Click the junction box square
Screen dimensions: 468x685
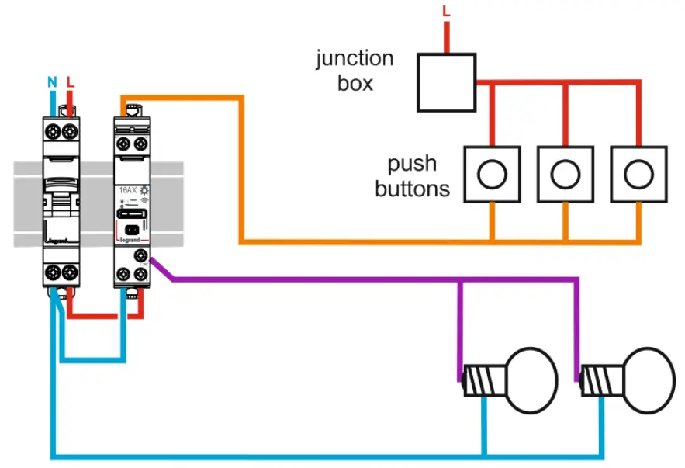point(446,82)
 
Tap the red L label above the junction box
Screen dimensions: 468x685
point(446,11)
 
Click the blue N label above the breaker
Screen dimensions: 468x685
point(52,81)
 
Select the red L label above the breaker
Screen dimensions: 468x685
point(71,81)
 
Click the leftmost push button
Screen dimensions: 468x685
point(492,175)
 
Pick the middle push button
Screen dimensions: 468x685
point(566,175)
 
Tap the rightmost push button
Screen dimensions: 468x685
point(639,175)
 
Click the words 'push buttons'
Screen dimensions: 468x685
point(412,176)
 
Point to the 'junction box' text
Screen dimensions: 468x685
point(355,71)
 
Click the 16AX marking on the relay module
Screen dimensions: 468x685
point(126,189)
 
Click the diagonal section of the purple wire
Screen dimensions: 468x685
point(163,269)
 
